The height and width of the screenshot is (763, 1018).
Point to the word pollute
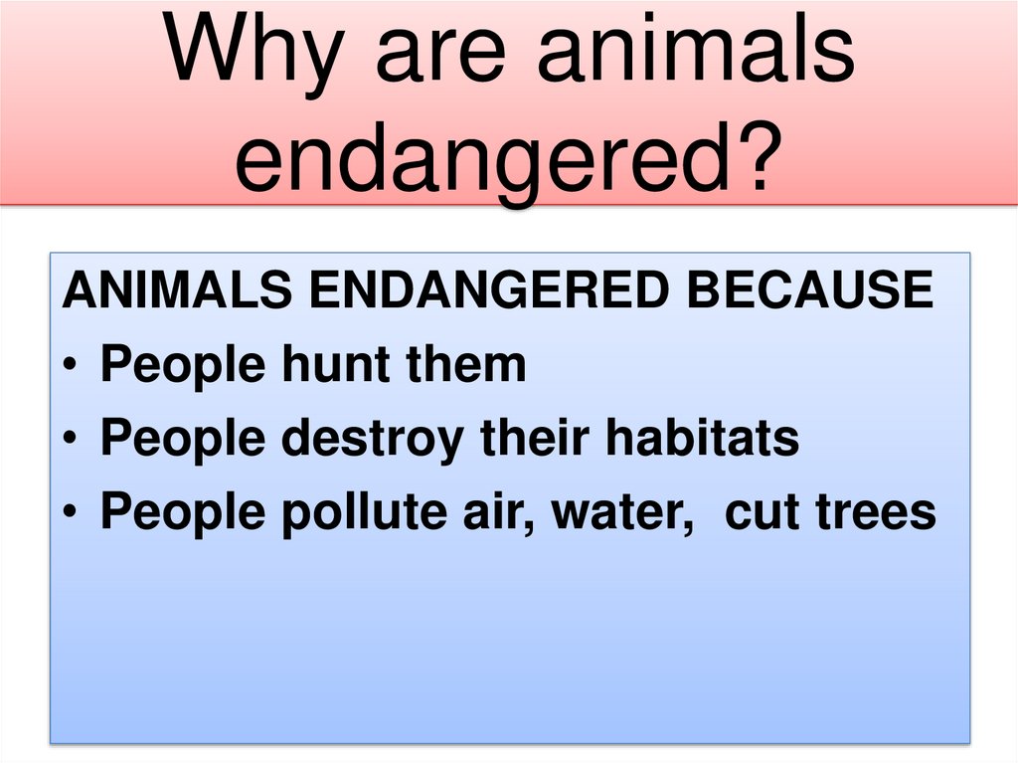click(354, 513)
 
